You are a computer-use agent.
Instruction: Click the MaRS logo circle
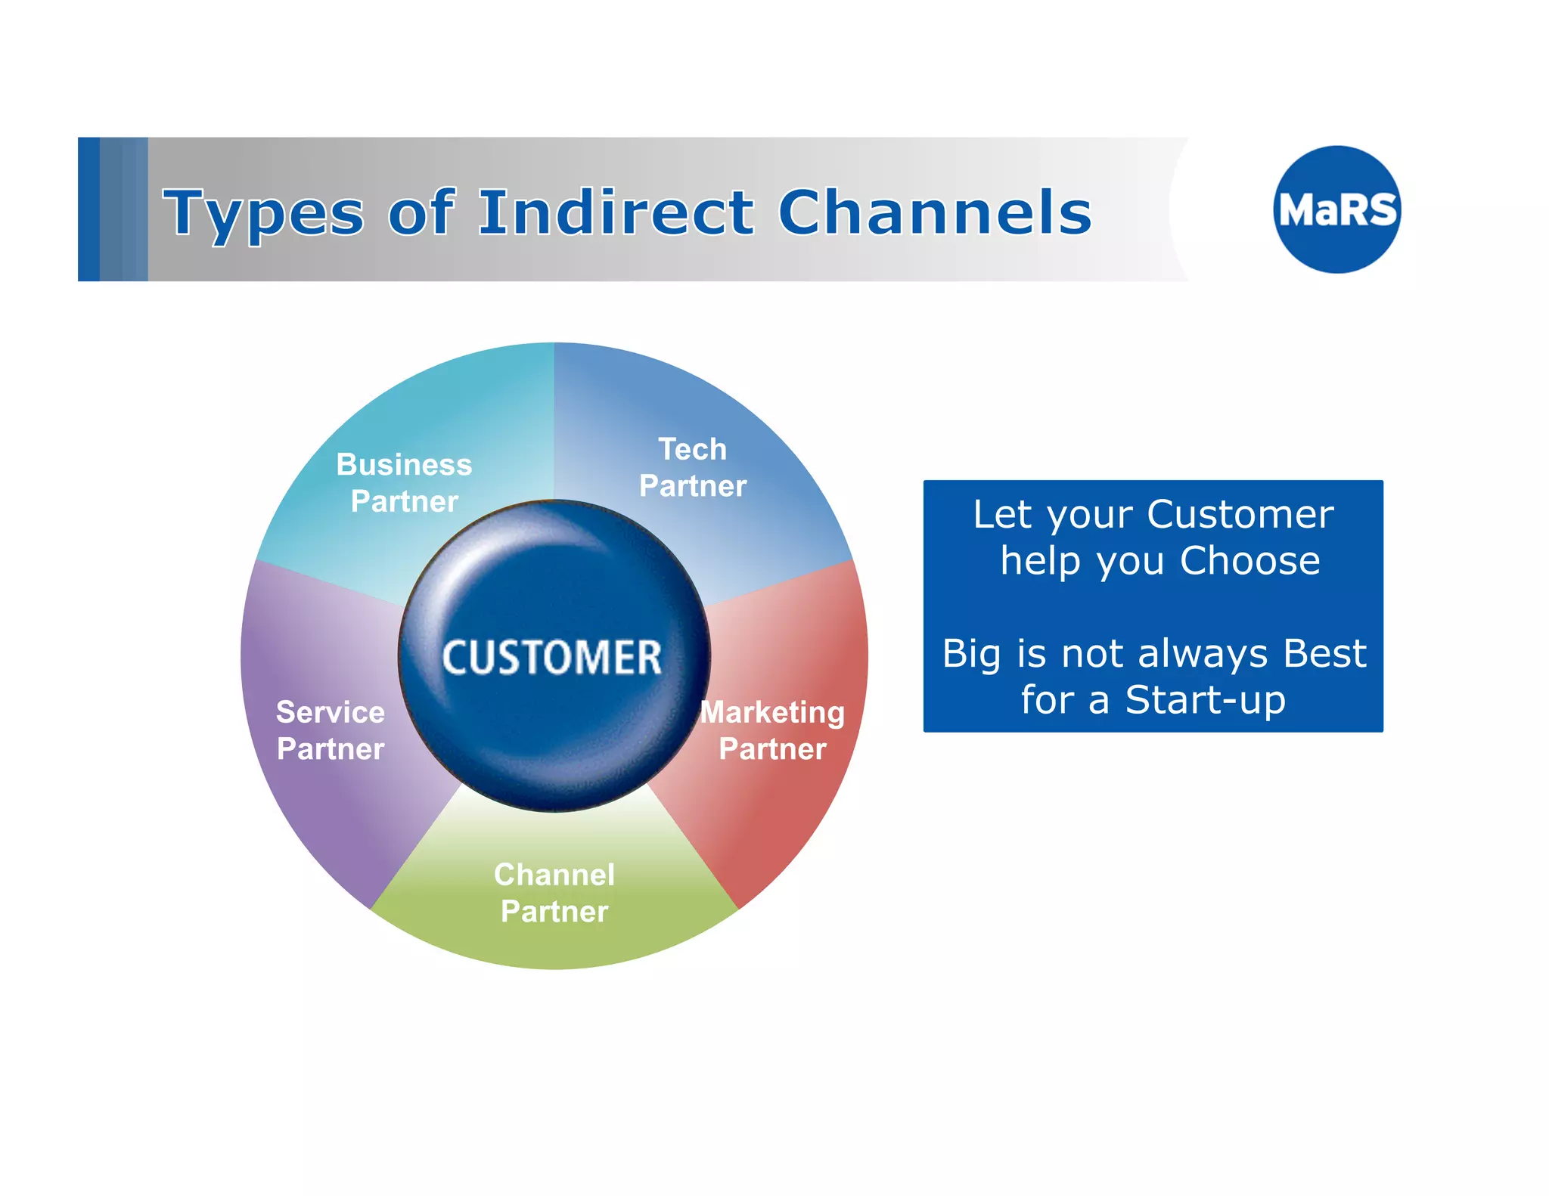click(1336, 209)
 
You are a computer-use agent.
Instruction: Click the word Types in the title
click(263, 213)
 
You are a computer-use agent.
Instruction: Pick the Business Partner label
click(404, 482)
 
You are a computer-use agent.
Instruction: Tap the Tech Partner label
click(692, 467)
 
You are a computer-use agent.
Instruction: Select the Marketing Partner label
click(772, 730)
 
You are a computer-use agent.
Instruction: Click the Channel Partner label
click(554, 893)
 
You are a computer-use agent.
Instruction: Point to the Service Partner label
click(331, 730)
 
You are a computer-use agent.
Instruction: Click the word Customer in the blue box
click(1240, 515)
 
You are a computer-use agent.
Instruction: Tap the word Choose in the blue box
click(1249, 561)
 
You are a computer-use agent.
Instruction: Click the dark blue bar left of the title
click(88, 209)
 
